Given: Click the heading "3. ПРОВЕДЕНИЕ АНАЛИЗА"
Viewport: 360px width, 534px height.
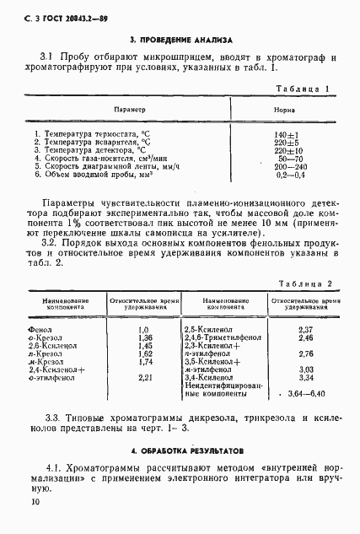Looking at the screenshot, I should pos(180,40).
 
